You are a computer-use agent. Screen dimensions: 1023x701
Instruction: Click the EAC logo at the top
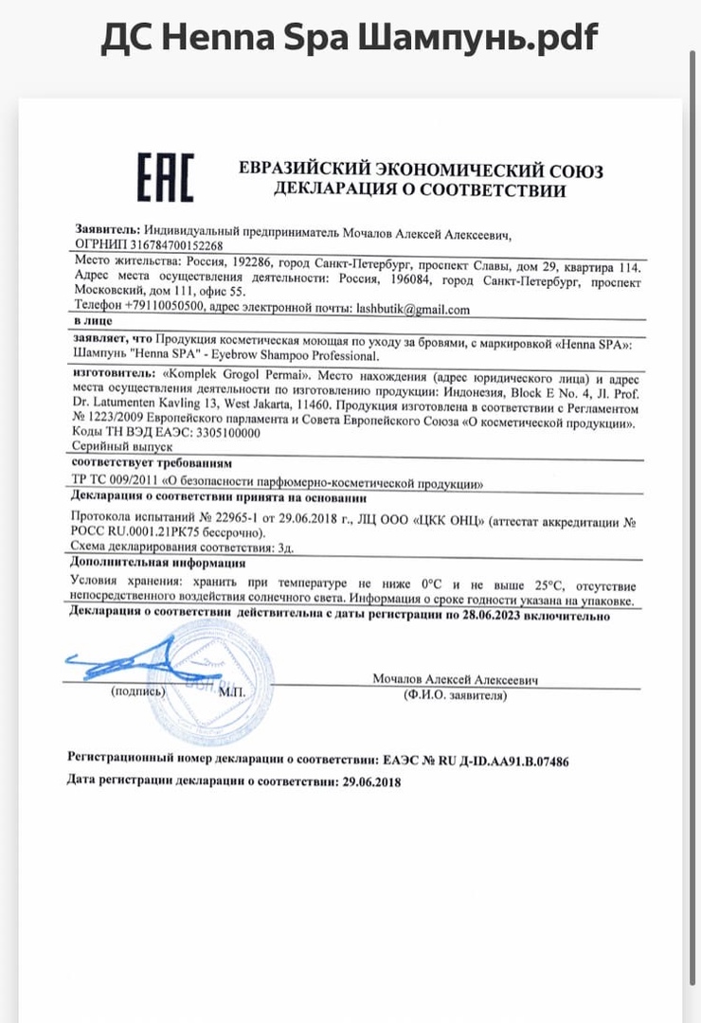click(x=166, y=177)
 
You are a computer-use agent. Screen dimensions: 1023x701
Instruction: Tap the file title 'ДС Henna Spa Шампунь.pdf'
click(x=350, y=38)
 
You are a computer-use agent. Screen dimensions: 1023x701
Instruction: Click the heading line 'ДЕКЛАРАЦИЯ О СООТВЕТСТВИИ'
click(x=420, y=189)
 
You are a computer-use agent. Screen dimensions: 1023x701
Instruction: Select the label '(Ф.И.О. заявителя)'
click(x=454, y=695)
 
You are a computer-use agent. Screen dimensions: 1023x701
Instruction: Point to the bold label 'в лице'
click(x=91, y=322)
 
